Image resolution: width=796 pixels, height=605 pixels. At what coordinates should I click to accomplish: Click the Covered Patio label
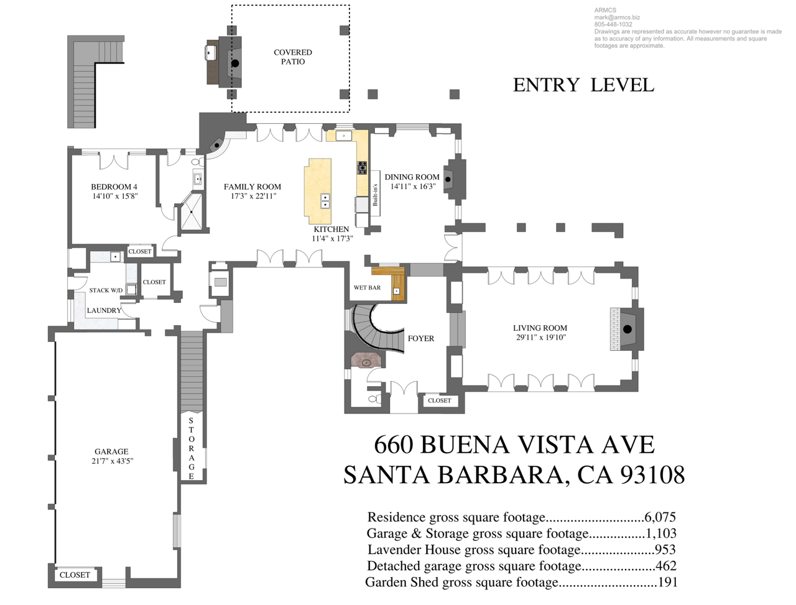[293, 57]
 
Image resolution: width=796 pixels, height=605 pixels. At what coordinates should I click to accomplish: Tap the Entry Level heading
[583, 85]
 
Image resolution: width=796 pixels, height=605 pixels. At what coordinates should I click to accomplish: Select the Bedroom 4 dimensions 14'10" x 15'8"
[115, 196]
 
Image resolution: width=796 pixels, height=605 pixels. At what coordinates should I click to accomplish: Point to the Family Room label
[252, 187]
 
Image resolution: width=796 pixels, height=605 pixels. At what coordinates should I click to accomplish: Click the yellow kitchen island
[318, 191]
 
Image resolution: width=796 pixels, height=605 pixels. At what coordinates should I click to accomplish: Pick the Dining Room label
[412, 177]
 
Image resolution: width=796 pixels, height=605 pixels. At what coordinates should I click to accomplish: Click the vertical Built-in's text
[375, 195]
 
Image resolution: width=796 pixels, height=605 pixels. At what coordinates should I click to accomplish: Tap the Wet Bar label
[367, 287]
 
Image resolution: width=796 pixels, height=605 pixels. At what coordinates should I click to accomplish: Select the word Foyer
[420, 338]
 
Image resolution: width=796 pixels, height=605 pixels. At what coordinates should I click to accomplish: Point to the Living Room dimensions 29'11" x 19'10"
[541, 338]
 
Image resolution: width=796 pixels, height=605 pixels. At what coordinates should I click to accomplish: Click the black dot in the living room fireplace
[627, 329]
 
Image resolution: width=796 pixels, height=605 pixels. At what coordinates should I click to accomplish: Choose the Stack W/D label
[106, 290]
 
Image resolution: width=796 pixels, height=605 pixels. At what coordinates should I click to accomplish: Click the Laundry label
[104, 310]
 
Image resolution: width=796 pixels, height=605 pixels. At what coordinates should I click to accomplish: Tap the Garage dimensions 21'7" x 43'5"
[113, 461]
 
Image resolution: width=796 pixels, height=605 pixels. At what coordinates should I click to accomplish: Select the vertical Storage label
[191, 448]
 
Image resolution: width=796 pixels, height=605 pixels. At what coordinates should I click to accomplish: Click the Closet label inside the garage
[75, 575]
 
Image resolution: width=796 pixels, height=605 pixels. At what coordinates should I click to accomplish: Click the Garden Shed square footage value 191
[668, 582]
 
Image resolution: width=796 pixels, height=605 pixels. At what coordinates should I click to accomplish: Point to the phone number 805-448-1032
[613, 24]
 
